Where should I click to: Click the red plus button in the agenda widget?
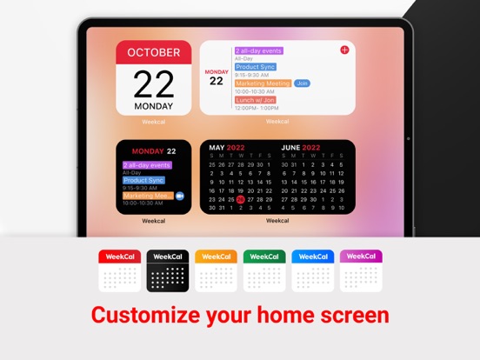tap(344, 50)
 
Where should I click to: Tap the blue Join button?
tap(302, 83)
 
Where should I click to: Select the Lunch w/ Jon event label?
tap(257, 100)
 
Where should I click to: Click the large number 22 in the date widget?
tap(154, 83)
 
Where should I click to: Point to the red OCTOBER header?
tap(154, 52)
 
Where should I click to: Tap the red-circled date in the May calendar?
tap(241, 198)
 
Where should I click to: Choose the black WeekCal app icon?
tap(167, 271)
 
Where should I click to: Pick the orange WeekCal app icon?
tap(216, 271)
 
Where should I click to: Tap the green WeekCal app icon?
tap(263, 271)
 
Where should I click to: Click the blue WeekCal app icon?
tap(312, 271)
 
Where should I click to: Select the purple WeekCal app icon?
tap(360, 271)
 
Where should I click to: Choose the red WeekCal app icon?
tap(119, 271)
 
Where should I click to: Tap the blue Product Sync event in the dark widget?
tap(143, 180)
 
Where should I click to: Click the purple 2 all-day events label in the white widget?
tap(259, 51)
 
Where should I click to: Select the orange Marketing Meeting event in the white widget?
tap(263, 83)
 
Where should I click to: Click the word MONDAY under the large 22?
tap(154, 107)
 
